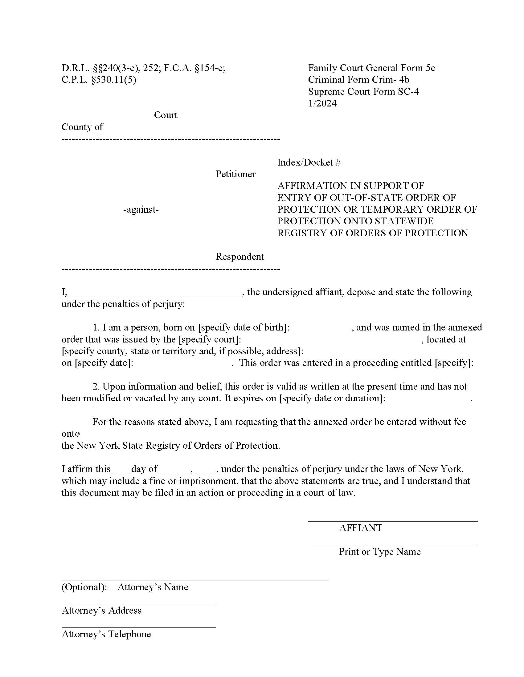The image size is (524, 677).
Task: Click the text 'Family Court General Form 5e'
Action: [371, 68]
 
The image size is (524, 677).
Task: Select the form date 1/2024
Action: [322, 103]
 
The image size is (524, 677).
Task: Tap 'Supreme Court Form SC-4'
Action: [363, 91]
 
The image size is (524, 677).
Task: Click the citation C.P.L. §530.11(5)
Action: [99, 80]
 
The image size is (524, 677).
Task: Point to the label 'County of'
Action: [82, 127]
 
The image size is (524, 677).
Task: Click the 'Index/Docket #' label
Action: [309, 162]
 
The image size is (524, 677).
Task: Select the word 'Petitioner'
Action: [235, 174]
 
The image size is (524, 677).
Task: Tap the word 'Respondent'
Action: [239, 256]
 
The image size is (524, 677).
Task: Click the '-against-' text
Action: [141, 210]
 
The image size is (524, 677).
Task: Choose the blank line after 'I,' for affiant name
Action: [155, 293]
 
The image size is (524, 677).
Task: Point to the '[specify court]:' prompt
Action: [210, 339]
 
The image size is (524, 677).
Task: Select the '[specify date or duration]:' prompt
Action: [332, 398]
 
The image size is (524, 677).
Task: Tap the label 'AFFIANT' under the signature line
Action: [360, 528]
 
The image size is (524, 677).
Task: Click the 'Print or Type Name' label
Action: [379, 552]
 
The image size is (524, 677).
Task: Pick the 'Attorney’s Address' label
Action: [101, 610]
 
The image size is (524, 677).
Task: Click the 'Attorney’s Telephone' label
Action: [106, 634]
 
